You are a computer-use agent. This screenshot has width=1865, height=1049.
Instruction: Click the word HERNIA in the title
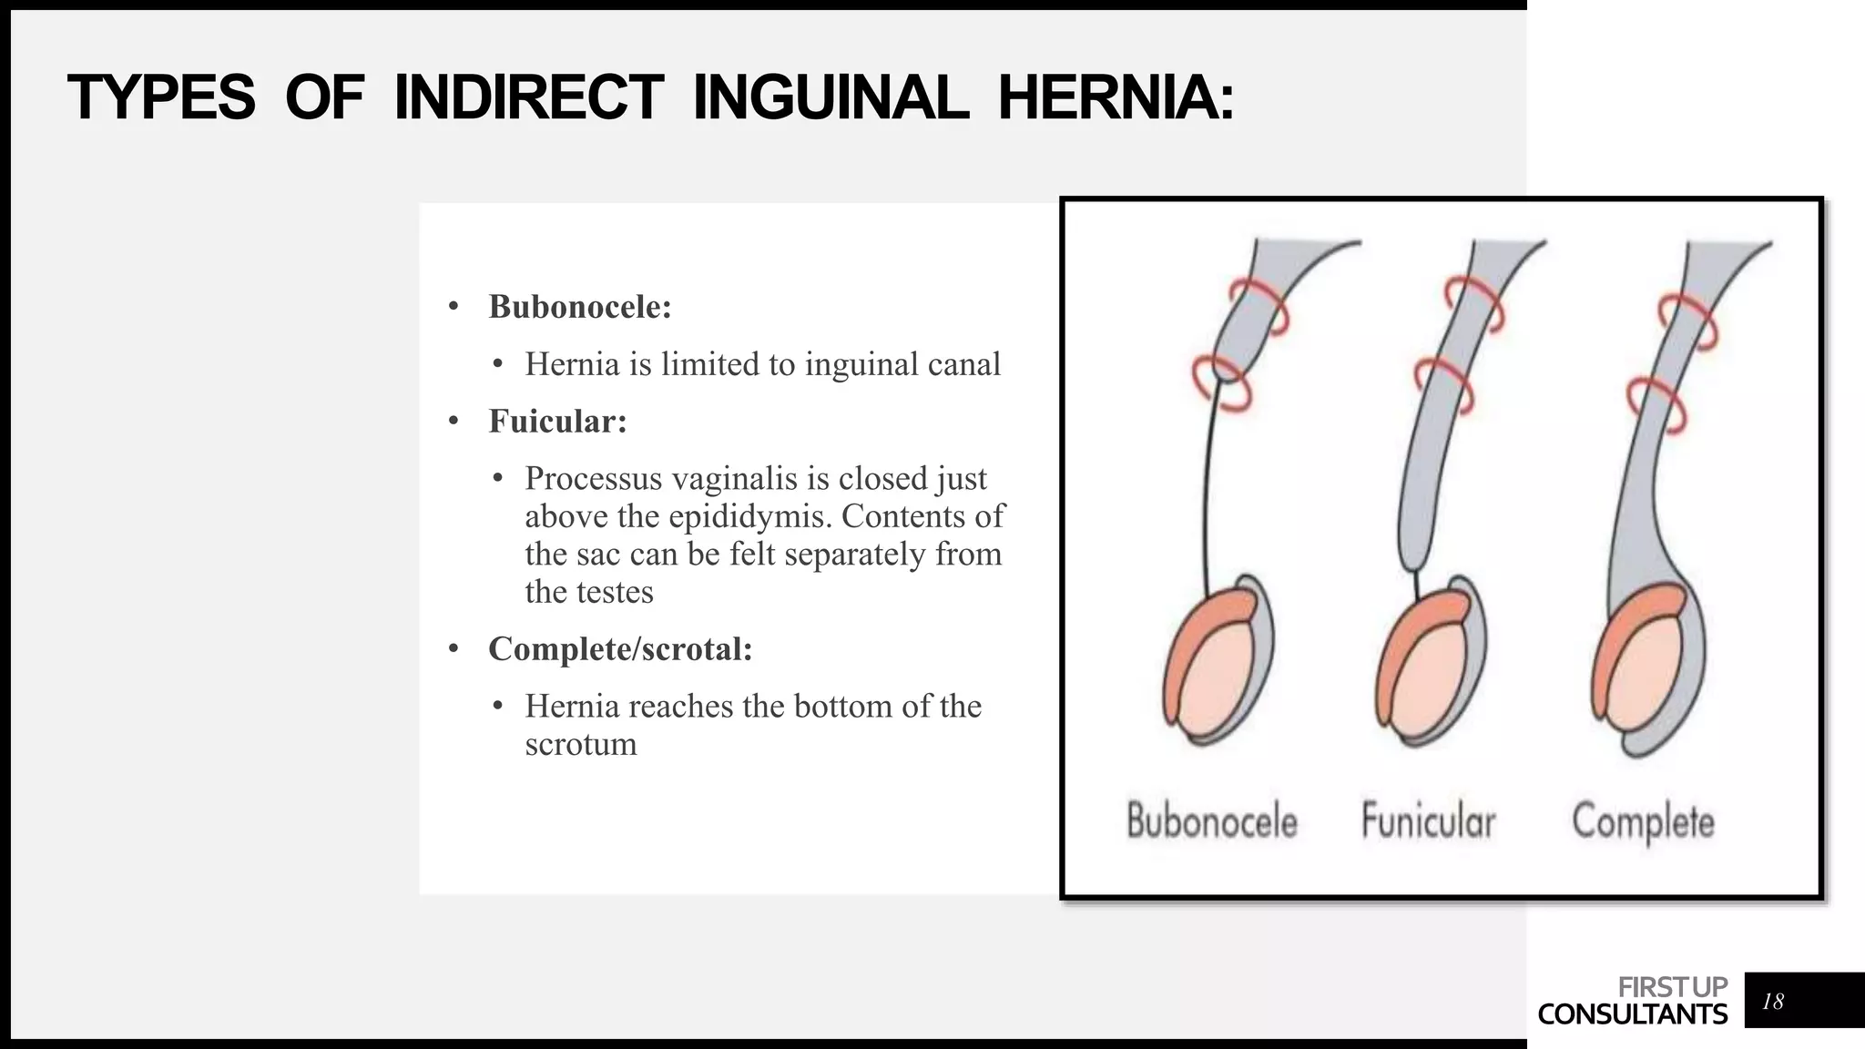click(x=1116, y=97)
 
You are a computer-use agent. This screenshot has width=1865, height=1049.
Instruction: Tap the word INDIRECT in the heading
click(x=528, y=97)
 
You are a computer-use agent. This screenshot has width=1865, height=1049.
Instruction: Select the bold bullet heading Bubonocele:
click(x=580, y=307)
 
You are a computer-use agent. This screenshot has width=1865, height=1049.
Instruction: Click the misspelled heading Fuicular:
click(x=557, y=422)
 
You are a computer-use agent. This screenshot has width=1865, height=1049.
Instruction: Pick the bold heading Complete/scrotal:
click(x=620, y=649)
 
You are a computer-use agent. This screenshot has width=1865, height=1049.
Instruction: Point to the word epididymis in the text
click(x=749, y=516)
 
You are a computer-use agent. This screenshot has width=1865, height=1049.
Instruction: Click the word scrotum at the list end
click(x=580, y=745)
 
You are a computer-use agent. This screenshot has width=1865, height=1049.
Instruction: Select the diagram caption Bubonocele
click(x=1211, y=820)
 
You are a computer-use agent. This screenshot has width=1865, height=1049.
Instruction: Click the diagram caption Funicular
click(x=1428, y=820)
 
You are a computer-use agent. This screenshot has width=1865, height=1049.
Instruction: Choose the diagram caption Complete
click(x=1643, y=822)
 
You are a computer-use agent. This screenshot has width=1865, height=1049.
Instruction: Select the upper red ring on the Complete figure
click(x=1687, y=321)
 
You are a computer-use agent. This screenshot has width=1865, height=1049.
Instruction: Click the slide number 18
click(x=1772, y=1002)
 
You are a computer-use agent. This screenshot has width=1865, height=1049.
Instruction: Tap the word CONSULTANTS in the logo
click(x=1632, y=1014)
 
